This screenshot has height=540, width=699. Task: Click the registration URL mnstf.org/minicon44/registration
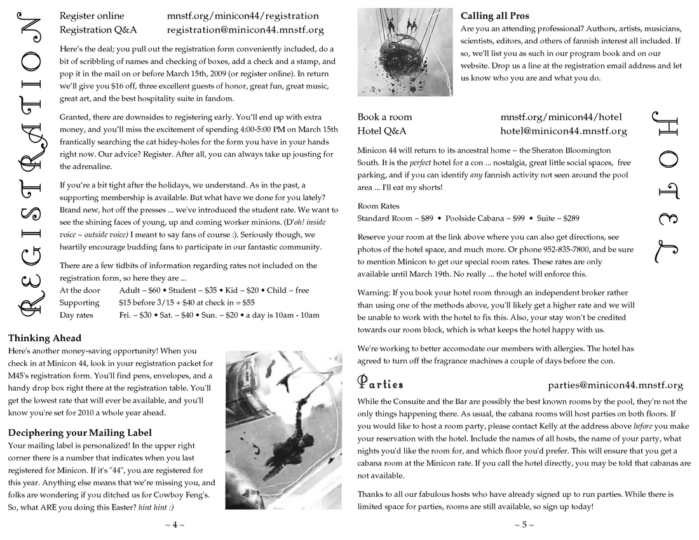[x=243, y=16]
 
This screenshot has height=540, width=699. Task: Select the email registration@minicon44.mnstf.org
[x=245, y=30]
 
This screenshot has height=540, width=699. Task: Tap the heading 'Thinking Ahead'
[x=44, y=338]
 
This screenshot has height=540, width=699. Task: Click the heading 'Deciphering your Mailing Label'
[x=79, y=433]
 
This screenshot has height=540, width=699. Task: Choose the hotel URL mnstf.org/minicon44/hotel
[x=560, y=117]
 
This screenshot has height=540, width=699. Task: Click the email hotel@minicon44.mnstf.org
[x=563, y=132]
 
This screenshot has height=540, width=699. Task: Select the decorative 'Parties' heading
[x=381, y=384]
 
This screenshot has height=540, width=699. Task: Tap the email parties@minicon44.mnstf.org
[x=615, y=385]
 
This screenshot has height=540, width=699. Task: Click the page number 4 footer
[x=175, y=525]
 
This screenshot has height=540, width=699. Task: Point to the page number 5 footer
[x=524, y=525]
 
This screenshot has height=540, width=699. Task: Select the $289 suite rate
[x=568, y=218]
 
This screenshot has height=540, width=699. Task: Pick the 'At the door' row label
[x=80, y=290]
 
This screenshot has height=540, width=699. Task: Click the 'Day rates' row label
[x=76, y=314]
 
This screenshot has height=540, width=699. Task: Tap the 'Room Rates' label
[x=378, y=206]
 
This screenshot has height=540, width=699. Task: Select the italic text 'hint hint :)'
[x=156, y=508]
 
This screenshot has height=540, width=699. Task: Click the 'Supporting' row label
[x=79, y=302]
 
